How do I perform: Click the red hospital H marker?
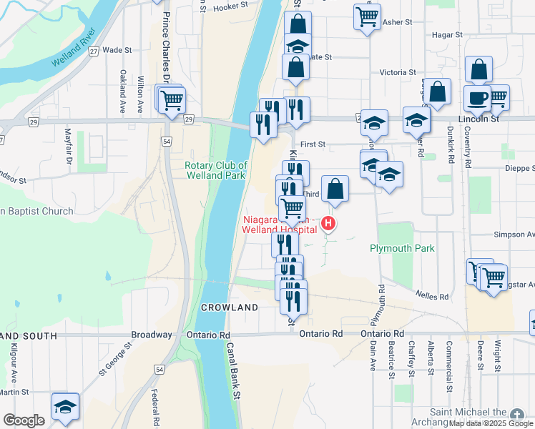point(328,224)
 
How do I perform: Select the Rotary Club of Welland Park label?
point(215,170)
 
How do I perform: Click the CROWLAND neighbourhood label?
point(229,307)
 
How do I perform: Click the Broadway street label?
point(152,335)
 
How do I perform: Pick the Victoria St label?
point(398,72)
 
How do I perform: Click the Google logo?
point(24,420)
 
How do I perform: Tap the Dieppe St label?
point(518,169)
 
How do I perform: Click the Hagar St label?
point(448,34)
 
